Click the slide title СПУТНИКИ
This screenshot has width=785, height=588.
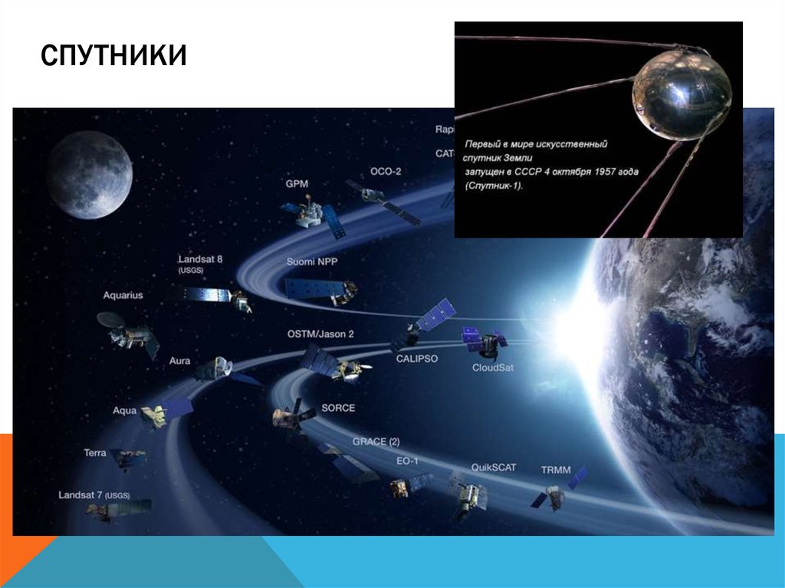113,57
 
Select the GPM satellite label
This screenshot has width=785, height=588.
297,185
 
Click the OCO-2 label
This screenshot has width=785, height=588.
386,171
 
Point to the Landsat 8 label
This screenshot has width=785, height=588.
200,260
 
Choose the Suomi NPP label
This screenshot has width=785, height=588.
312,261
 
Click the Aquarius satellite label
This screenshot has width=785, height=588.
123,295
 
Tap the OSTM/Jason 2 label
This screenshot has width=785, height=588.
320,334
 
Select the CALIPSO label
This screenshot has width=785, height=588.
417,358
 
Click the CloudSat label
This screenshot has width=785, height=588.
493,367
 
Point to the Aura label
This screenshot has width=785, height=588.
180,361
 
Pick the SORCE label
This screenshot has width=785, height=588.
338,408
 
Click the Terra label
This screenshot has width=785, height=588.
95,453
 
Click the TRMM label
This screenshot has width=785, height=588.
556,469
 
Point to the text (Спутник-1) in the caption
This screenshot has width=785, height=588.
494,186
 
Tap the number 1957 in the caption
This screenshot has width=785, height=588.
602,172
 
